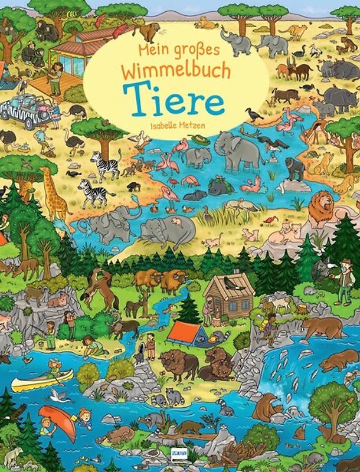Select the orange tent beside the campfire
pyautogui.click(x=185, y=333)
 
